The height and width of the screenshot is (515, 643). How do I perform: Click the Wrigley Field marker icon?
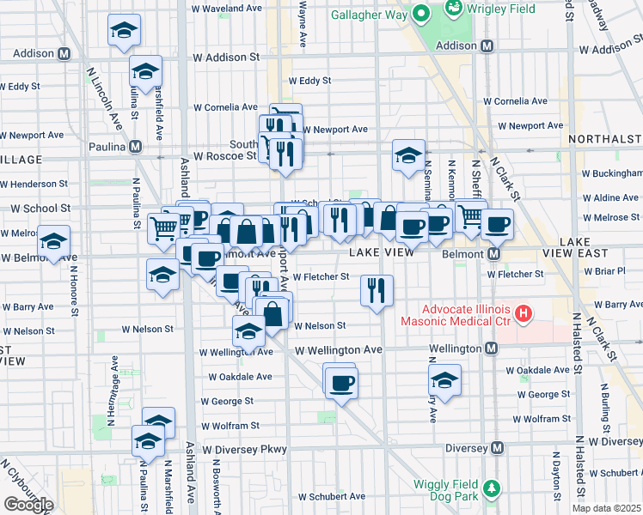[452, 9]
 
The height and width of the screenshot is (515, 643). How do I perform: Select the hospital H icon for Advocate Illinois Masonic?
[522, 316]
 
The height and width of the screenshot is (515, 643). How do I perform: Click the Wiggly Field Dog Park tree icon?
[491, 489]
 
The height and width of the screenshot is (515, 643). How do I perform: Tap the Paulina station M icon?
[136, 147]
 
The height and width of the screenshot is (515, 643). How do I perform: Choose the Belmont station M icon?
[494, 254]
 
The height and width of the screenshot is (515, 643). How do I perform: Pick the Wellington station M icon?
[491, 348]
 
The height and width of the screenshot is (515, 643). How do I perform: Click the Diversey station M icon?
[496, 448]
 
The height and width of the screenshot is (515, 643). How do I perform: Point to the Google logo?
[28, 505]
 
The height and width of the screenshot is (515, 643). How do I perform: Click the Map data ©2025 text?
[606, 508]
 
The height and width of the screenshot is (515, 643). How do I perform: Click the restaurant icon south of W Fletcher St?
[377, 290]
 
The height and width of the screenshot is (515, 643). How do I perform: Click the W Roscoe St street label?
[225, 157]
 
